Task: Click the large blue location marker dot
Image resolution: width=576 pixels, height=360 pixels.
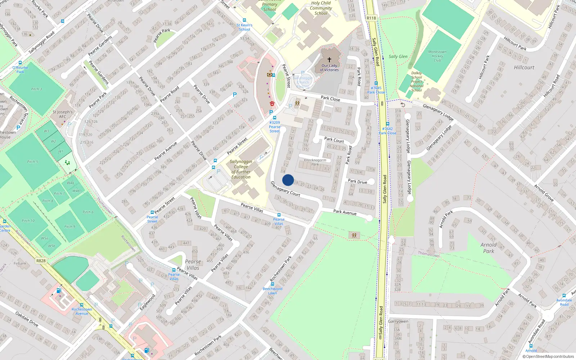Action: click(x=288, y=180)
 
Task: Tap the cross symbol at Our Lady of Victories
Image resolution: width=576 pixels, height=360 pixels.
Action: click(x=329, y=60)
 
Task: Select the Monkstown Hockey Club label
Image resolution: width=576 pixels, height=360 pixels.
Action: click(x=437, y=56)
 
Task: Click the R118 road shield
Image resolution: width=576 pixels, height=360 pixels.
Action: click(x=371, y=18)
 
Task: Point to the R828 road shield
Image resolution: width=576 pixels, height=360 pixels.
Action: click(x=41, y=261)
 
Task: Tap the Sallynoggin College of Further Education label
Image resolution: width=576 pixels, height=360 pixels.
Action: click(x=241, y=169)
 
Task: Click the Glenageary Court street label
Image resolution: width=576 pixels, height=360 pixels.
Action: click(x=285, y=189)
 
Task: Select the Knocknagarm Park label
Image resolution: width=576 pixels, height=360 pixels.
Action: click(x=315, y=162)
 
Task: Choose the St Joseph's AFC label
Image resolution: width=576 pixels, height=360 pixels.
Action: click(x=62, y=114)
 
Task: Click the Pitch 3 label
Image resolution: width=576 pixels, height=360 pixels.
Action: click(x=36, y=89)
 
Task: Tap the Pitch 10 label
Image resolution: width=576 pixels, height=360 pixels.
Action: click(x=28, y=221)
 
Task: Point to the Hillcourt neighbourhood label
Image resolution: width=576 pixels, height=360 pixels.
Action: click(x=524, y=68)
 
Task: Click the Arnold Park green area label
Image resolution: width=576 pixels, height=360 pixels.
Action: click(x=489, y=248)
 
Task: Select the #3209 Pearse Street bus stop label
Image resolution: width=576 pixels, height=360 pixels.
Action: click(x=275, y=127)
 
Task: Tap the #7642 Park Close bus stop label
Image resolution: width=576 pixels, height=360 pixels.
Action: click(x=387, y=131)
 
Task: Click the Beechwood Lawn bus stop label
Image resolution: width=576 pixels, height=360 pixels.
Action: click(x=273, y=291)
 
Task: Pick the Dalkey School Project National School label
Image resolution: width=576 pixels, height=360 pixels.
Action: click(x=417, y=82)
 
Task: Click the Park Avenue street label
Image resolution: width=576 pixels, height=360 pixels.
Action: click(x=345, y=212)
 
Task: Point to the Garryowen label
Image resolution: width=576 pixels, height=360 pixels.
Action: click(x=398, y=321)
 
